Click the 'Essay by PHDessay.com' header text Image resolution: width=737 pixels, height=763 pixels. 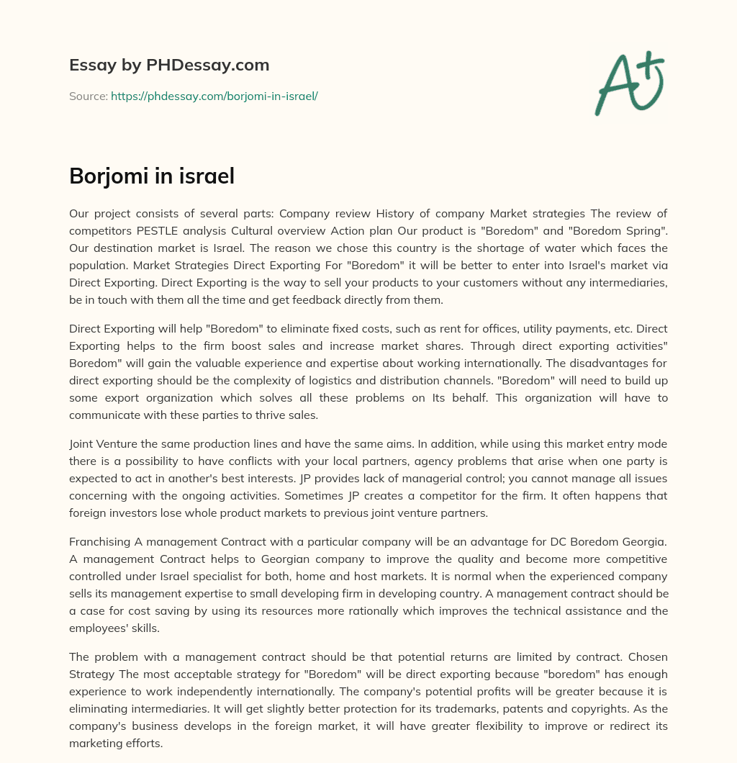[169, 66]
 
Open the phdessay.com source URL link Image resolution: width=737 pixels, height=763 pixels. [214, 96]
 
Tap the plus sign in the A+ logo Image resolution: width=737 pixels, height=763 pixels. [650, 64]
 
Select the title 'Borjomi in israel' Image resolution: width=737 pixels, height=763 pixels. [152, 176]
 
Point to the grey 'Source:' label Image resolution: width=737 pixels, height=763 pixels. [88, 96]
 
